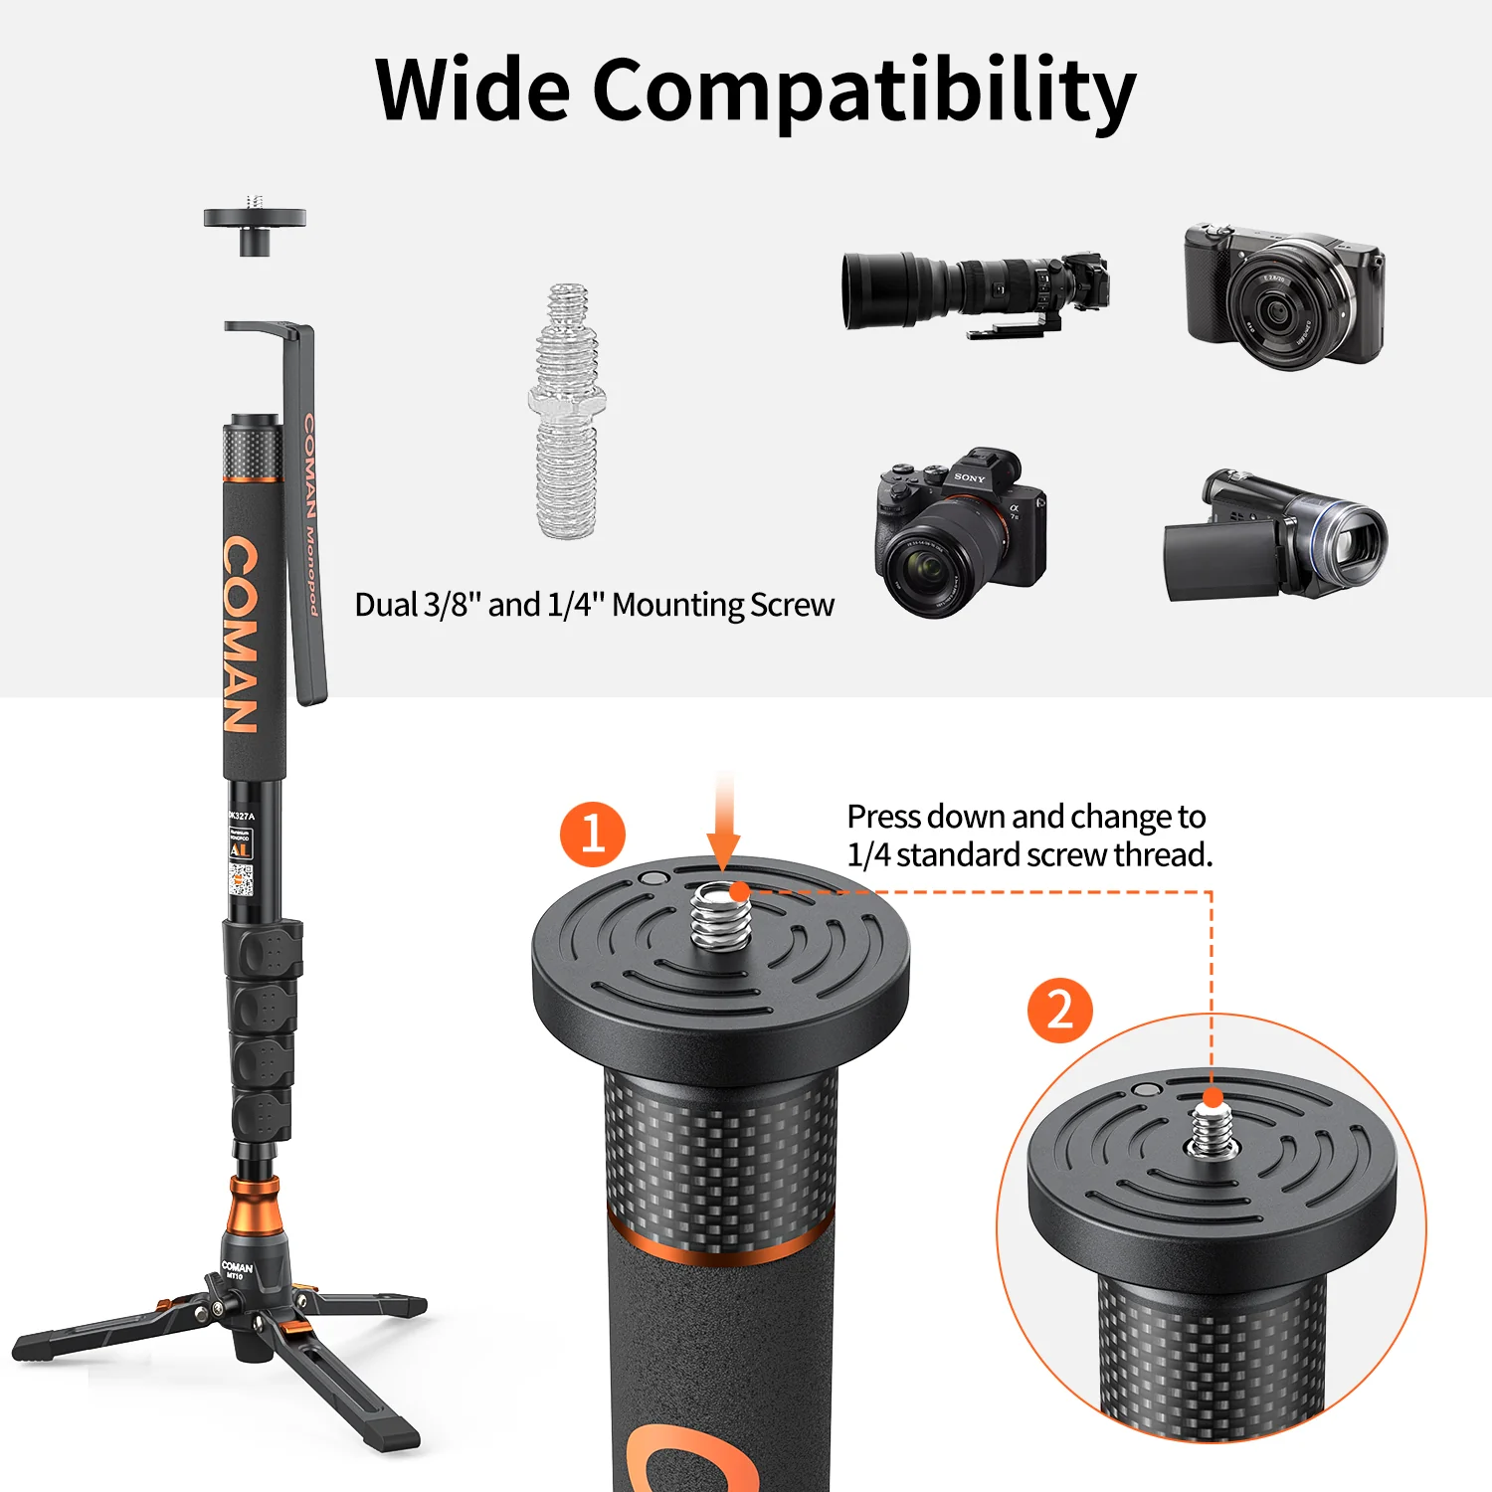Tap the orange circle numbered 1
click(x=593, y=834)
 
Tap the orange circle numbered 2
click(x=1060, y=1010)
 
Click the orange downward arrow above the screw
click(x=724, y=826)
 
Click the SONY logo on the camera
click(x=969, y=478)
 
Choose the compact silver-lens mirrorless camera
click(x=1284, y=295)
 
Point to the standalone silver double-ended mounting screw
click(x=567, y=410)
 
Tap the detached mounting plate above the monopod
click(x=255, y=224)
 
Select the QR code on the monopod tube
click(x=241, y=879)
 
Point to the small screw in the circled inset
click(x=1211, y=1130)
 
